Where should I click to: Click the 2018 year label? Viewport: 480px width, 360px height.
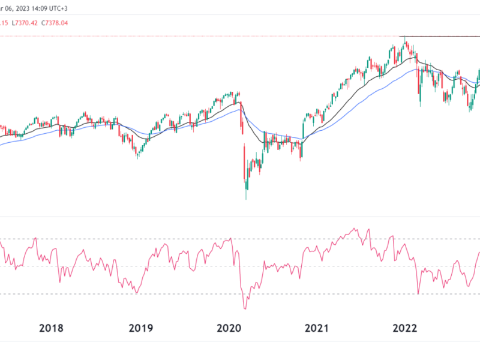pyautogui.click(x=51, y=328)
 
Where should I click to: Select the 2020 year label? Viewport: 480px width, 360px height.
pyautogui.click(x=229, y=328)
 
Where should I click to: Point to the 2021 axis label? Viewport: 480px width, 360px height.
pyautogui.click(x=317, y=328)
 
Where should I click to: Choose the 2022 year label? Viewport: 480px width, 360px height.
pyautogui.click(x=405, y=328)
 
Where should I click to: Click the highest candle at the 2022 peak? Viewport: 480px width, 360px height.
pyautogui.click(x=406, y=41)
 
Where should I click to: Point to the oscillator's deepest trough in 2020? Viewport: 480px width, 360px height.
pyautogui.click(x=245, y=308)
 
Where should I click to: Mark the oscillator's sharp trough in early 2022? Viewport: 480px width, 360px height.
pyautogui.click(x=418, y=293)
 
